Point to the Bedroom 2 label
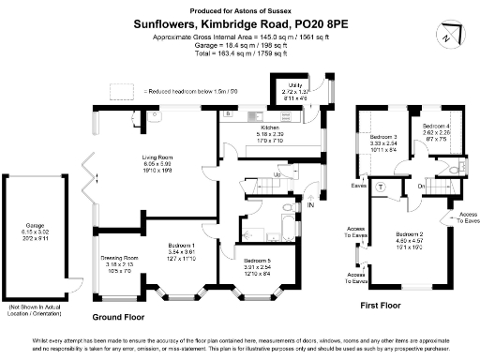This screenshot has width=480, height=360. tap(410, 233)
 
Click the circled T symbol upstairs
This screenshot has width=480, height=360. tap(379, 185)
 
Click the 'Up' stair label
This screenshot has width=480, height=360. tap(277, 175)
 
